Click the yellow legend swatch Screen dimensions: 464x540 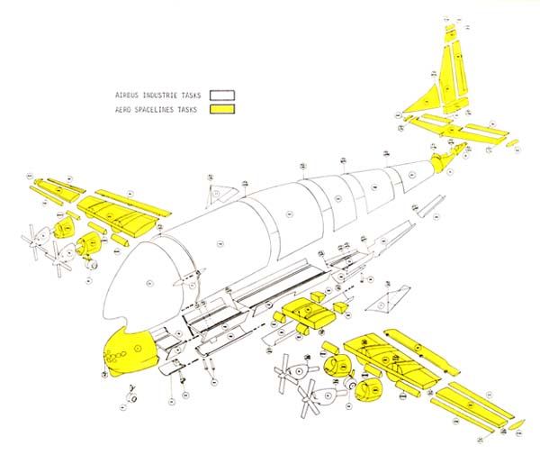coord(222,110)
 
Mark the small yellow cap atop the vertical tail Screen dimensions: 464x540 coord(451,28)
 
